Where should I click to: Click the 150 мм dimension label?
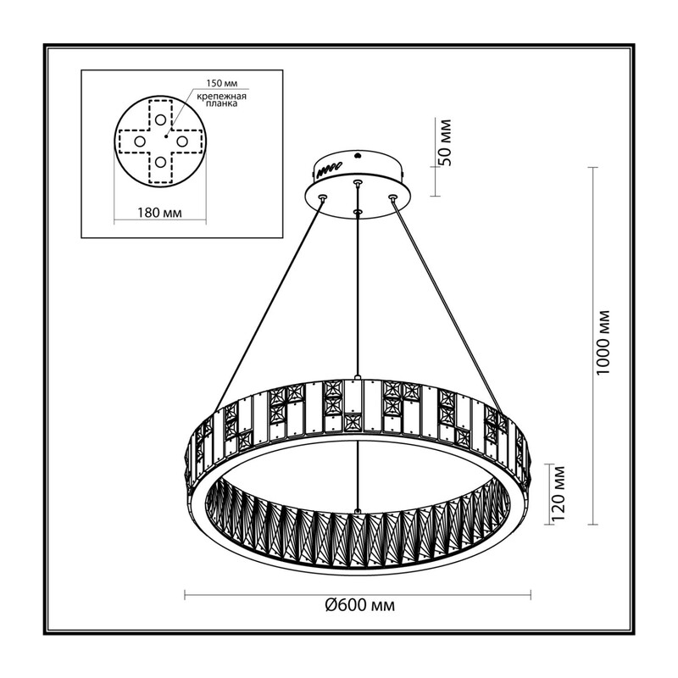pyautogui.click(x=221, y=82)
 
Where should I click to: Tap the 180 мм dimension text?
pyautogui.click(x=159, y=213)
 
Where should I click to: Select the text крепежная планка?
pyautogui.click(x=221, y=100)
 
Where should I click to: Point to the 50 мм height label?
pyautogui.click(x=444, y=142)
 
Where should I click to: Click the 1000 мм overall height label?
pyautogui.click(x=603, y=342)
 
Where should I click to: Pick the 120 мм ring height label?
pyautogui.click(x=559, y=493)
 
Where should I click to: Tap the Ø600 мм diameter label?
pyautogui.click(x=359, y=604)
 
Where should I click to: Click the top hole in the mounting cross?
pyautogui.click(x=160, y=119)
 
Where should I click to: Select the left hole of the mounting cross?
pyautogui.click(x=139, y=141)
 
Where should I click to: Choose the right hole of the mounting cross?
pyautogui.click(x=181, y=141)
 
